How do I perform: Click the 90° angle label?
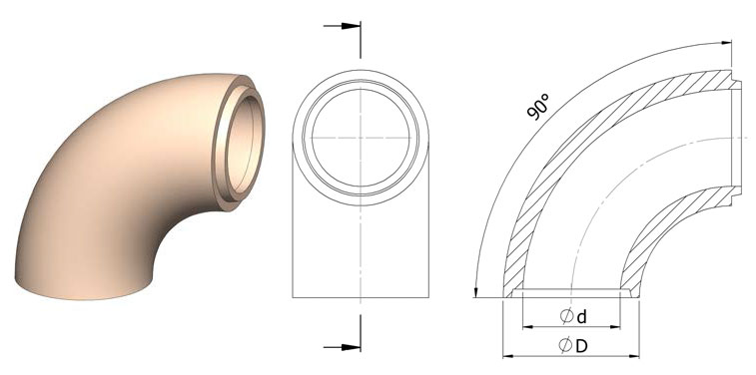pos(538,107)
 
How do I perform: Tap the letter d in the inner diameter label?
pos(582,317)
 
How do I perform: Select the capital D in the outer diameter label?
pos(582,346)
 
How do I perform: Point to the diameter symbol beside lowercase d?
pos(566,316)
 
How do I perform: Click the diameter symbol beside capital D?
pos(565,346)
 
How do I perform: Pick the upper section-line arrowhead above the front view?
pos(351,26)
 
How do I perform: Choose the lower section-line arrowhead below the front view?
pos(351,347)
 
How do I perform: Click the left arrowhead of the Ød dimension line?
pos(527,327)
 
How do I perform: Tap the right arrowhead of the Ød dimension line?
pos(615,327)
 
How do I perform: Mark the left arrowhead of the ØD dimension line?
pos(508,356)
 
